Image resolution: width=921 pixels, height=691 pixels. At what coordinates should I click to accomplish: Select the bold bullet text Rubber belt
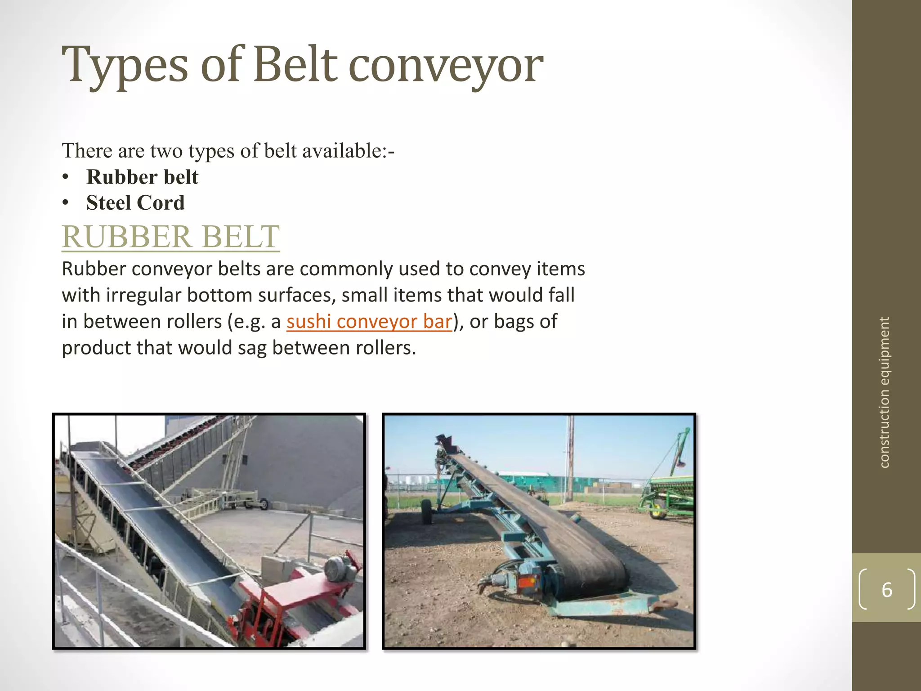coord(142,177)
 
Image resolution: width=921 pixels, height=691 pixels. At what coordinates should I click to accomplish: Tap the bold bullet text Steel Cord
coord(135,202)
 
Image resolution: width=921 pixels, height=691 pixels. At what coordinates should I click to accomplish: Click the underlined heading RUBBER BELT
coord(171,237)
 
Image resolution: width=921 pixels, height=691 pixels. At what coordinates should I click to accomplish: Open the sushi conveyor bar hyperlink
coord(369,322)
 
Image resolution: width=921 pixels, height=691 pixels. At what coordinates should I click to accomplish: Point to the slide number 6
coord(886,590)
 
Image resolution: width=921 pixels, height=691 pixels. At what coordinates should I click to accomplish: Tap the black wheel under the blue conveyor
coord(426,512)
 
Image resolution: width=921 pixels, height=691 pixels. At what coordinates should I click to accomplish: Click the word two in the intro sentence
coord(166,151)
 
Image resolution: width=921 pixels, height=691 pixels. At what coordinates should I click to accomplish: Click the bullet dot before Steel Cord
coord(66,203)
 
